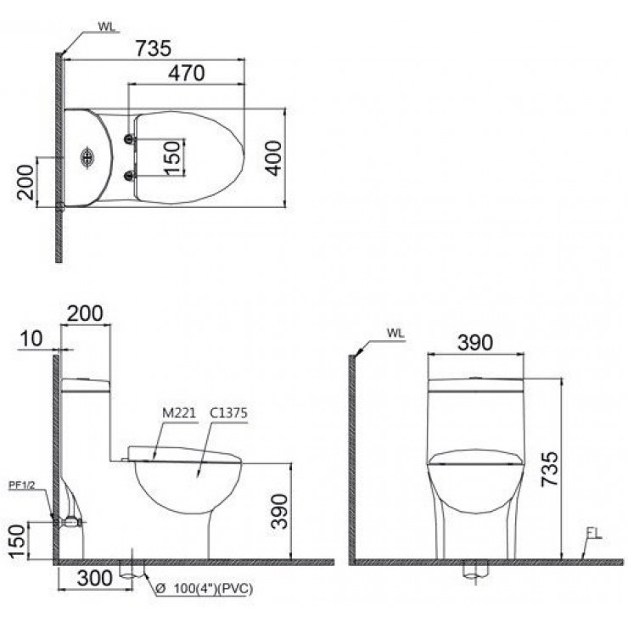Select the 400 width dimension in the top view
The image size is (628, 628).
(x=272, y=156)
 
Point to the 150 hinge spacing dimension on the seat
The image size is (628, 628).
(x=172, y=158)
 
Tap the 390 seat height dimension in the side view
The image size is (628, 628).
(x=277, y=510)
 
